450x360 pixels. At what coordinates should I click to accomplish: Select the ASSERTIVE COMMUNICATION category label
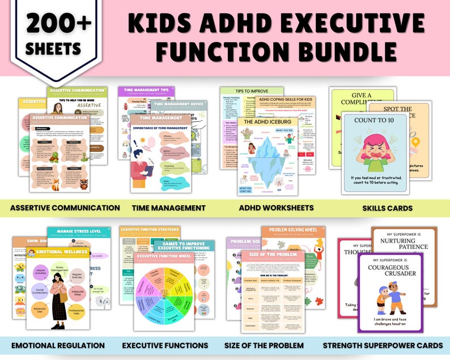pyautogui.click(x=65, y=208)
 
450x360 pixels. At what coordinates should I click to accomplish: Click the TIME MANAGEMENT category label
pyautogui.click(x=169, y=208)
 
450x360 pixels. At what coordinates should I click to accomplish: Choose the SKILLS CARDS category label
pyautogui.click(x=388, y=208)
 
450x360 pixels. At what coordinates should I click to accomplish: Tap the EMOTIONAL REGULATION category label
pyautogui.click(x=58, y=345)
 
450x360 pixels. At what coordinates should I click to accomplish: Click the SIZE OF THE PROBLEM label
pyautogui.click(x=271, y=345)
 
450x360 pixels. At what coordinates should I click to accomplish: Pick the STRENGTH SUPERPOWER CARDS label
pyautogui.click(x=383, y=345)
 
